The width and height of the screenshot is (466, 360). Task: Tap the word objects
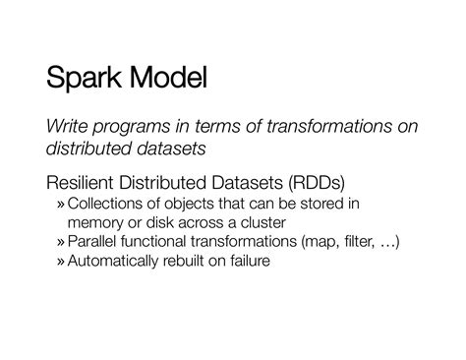click(x=191, y=204)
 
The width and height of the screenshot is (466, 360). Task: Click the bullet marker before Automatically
click(x=61, y=263)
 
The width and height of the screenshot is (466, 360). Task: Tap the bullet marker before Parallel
click(x=61, y=243)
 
